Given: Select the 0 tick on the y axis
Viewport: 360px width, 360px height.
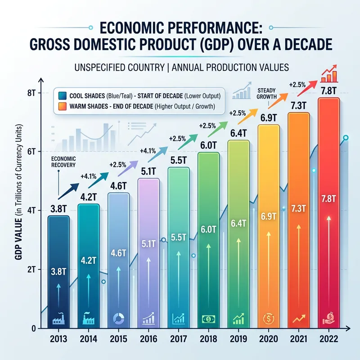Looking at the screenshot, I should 33,328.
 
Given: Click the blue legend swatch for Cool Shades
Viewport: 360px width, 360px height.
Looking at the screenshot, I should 62,95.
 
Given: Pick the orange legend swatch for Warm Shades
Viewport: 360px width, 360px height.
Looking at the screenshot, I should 62,106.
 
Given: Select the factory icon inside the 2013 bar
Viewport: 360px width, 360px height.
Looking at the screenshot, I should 58,319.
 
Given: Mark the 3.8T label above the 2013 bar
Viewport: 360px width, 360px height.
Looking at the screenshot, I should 58,209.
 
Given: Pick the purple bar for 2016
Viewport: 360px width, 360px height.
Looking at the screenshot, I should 148,252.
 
